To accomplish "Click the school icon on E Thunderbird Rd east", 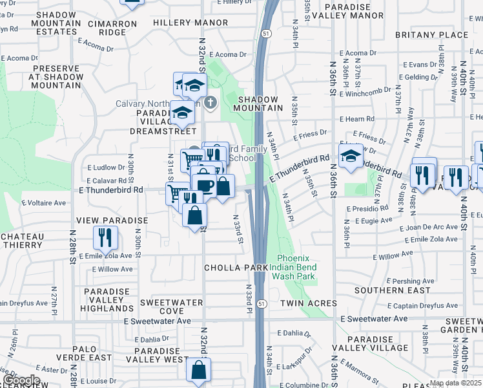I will (x=351, y=156).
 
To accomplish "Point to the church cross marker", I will (x=210, y=103).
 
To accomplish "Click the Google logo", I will (x=21, y=381).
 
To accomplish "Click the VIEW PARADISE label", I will (x=112, y=221).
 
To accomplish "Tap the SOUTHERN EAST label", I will (x=401, y=290).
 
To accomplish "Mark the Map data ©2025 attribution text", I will (x=455, y=383).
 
